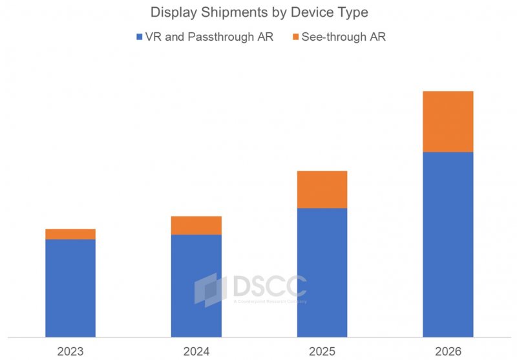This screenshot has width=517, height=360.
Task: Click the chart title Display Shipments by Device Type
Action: [x=258, y=12]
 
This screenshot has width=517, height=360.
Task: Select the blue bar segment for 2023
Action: [x=70, y=288]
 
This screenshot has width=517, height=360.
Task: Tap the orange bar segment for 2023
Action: [x=70, y=234]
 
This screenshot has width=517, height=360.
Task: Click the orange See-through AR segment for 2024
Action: [x=196, y=226]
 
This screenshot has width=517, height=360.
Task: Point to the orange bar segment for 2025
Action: [x=322, y=189]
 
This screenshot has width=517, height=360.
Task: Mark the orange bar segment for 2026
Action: [x=448, y=122]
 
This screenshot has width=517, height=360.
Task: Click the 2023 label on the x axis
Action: [x=70, y=351]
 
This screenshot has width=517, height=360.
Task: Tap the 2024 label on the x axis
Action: [x=196, y=351]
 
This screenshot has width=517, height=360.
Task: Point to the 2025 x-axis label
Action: [x=322, y=351]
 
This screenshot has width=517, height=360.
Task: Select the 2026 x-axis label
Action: [x=448, y=351]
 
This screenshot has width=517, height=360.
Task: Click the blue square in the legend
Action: [x=140, y=37]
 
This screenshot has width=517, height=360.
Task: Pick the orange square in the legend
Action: [x=296, y=37]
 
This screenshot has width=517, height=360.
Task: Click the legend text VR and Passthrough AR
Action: [x=209, y=37]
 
